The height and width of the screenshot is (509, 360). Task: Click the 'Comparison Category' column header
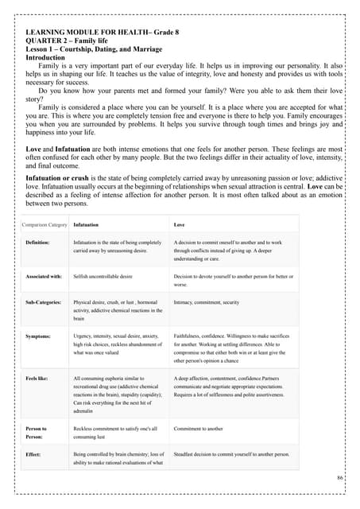coord(45,226)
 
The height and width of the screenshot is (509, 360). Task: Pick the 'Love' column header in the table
coord(179,226)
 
